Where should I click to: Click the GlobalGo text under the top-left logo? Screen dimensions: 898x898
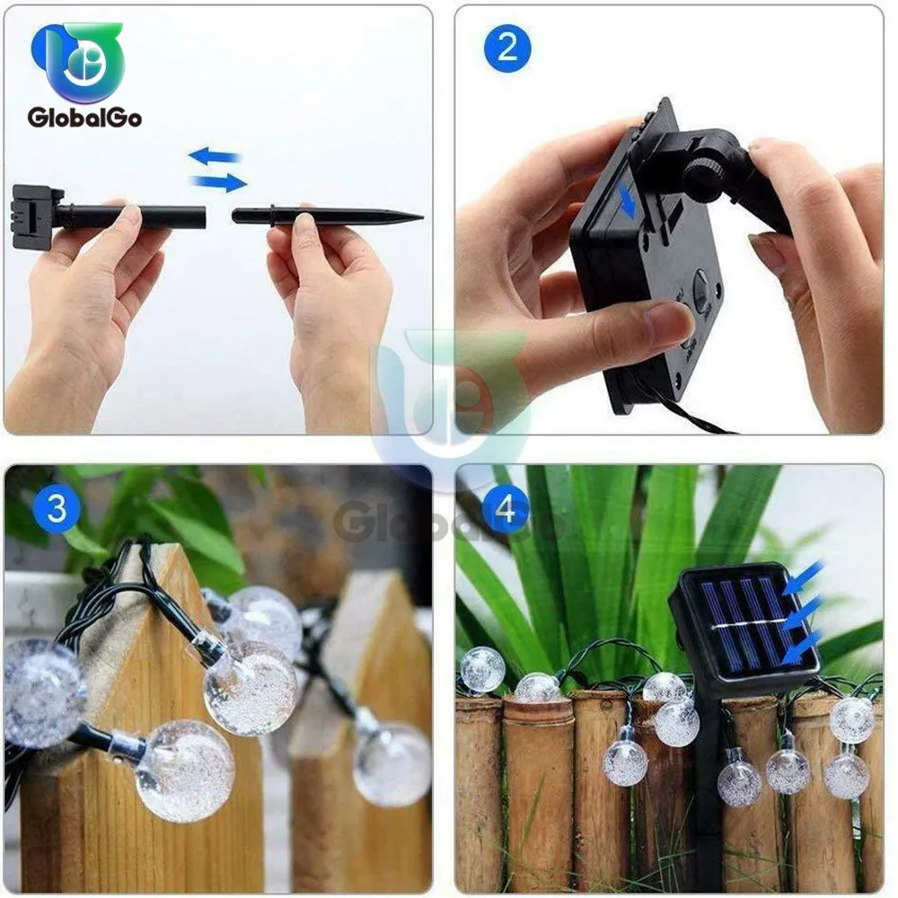point(84,117)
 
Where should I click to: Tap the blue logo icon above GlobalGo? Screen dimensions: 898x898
point(79,61)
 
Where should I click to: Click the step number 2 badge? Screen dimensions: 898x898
point(507,47)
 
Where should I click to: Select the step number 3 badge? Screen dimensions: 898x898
point(57,509)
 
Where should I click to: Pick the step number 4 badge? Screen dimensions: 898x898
point(506,509)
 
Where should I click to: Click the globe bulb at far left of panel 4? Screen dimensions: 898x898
point(483,670)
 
